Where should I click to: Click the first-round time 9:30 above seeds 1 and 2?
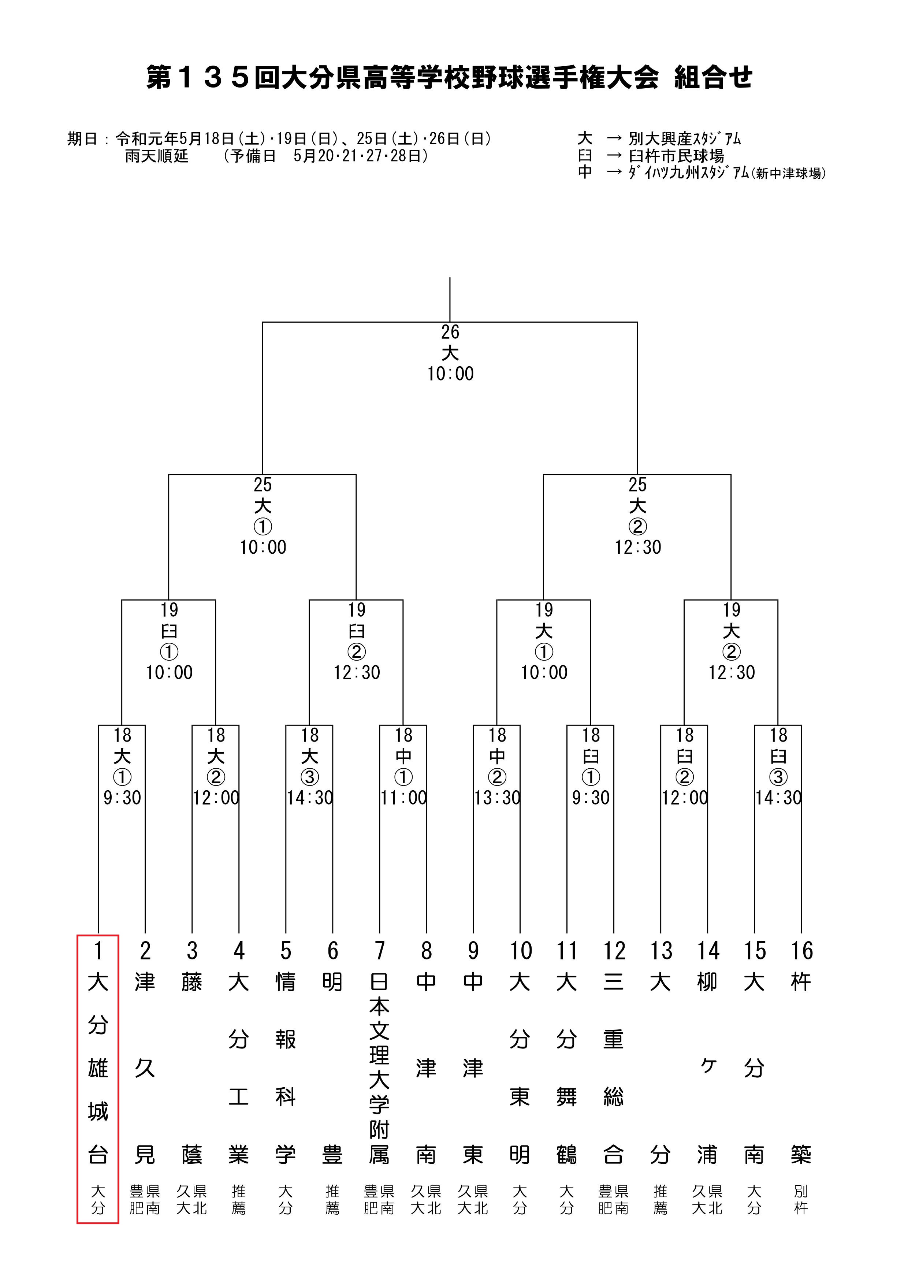click(122, 798)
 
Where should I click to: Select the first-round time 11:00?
click(403, 798)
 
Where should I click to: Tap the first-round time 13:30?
click(497, 798)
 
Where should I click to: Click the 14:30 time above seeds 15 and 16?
click(778, 798)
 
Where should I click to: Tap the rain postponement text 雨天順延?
click(157, 156)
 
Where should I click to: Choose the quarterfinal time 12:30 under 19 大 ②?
click(732, 673)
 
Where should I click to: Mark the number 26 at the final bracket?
click(450, 332)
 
